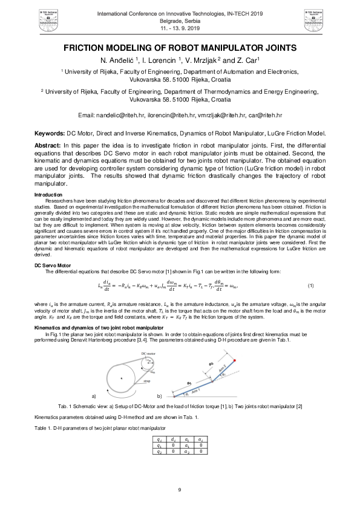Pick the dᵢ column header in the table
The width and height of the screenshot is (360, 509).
174,438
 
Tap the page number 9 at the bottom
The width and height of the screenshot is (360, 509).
180,490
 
